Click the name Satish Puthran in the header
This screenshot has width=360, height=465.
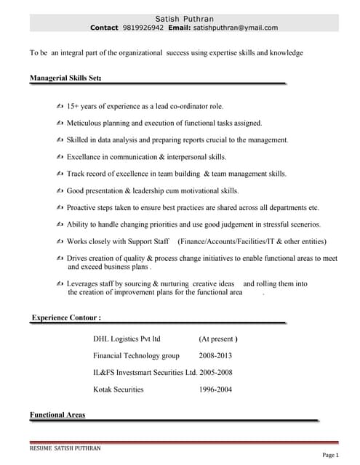tap(184, 18)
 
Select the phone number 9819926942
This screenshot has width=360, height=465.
tap(143, 28)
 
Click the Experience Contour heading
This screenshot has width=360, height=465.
tap(66, 318)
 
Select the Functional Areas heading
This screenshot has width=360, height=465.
tap(57, 415)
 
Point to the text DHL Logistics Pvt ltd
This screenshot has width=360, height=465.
tap(127, 339)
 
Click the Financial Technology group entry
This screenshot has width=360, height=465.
tap(136, 355)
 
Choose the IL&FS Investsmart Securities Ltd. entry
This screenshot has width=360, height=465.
tap(145, 372)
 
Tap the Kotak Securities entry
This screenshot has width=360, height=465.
tap(119, 389)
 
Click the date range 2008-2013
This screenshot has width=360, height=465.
tap(215, 355)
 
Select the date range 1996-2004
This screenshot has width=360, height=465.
tap(215, 389)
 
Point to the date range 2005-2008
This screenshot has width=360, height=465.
tap(216, 372)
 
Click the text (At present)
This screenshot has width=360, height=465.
tap(218, 339)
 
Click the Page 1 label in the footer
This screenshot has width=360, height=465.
tap(329, 455)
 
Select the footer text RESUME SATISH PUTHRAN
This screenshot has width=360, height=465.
tap(65, 448)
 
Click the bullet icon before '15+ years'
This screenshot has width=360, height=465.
tap(60, 107)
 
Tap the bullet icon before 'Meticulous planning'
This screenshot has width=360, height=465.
tap(60, 124)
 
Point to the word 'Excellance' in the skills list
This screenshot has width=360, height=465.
tap(87, 157)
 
